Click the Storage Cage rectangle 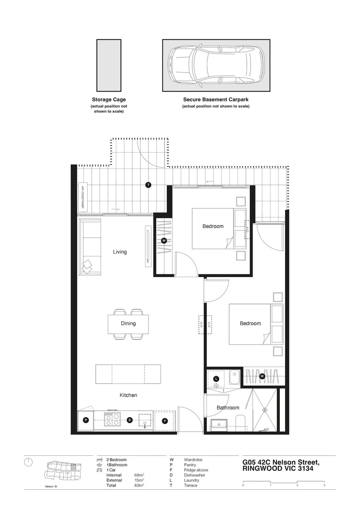pos(109,65)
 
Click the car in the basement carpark pos(216,65)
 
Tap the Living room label pos(120,252)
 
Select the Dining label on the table pos(128,323)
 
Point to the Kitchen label pos(128,395)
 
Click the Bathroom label pos(228,408)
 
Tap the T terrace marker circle pos(148,185)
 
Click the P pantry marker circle pos(86,420)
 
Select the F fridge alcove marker pos(164,420)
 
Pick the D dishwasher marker pos(130,420)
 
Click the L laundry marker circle pos(216,378)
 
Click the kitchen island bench pos(128,374)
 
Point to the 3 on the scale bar pos(324,484)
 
